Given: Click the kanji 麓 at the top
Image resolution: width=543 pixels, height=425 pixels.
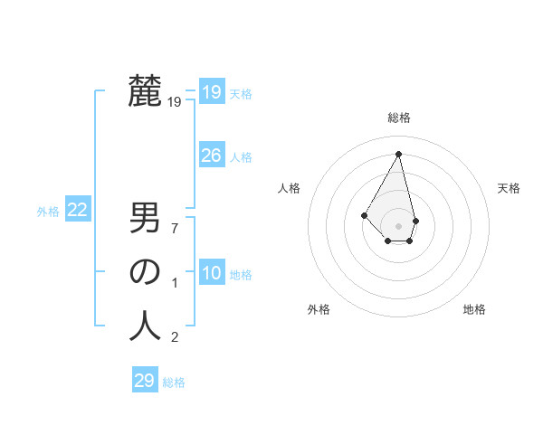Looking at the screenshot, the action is [x=145, y=90].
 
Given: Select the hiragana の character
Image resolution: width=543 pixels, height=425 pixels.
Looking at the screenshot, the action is [x=145, y=272].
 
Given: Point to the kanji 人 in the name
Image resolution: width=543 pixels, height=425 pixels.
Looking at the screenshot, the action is [x=145, y=326].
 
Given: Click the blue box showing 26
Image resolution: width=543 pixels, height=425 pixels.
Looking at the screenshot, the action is [x=211, y=156].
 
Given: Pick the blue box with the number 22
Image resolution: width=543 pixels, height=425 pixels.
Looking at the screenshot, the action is [x=77, y=210].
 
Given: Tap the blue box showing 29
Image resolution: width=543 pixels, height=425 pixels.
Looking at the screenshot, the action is [x=144, y=381].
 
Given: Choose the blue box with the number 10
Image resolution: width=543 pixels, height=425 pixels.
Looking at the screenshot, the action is [x=211, y=273].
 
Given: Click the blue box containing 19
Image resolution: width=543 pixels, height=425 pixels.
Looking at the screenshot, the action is [x=211, y=91].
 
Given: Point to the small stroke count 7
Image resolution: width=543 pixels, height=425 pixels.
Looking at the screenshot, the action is [x=175, y=229].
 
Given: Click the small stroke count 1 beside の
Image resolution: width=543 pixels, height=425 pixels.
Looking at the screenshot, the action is [x=175, y=283].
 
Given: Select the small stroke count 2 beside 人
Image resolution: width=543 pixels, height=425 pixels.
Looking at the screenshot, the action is [x=175, y=337].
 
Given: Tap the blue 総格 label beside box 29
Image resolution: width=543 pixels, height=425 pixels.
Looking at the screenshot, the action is [x=174, y=382].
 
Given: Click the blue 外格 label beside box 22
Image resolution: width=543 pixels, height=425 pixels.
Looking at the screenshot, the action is [x=48, y=212].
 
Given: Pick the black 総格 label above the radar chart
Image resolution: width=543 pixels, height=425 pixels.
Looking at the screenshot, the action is [x=399, y=118].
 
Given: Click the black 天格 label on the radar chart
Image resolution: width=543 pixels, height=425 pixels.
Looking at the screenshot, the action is [x=510, y=188].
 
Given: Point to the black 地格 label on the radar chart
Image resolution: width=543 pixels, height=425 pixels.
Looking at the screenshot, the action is [x=474, y=309].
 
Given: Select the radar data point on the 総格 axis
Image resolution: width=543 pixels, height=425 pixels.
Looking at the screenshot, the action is [x=399, y=153].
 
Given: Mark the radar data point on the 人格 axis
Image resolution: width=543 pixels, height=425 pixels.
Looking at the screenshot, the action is [x=364, y=214].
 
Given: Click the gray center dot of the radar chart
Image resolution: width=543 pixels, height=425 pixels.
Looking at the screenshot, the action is [x=399, y=225].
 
